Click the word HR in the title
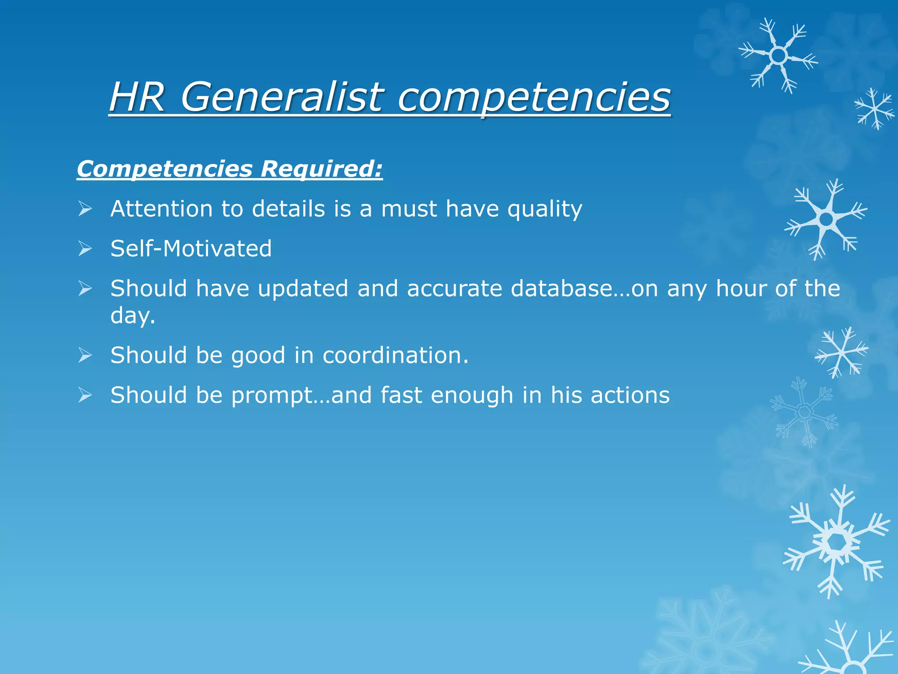point(137,97)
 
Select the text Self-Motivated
point(191,249)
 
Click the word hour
point(741,289)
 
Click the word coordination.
point(395,355)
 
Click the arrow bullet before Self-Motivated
point(85,249)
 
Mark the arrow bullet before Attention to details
point(85,209)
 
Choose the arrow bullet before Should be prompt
point(85,395)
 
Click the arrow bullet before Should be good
point(85,355)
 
